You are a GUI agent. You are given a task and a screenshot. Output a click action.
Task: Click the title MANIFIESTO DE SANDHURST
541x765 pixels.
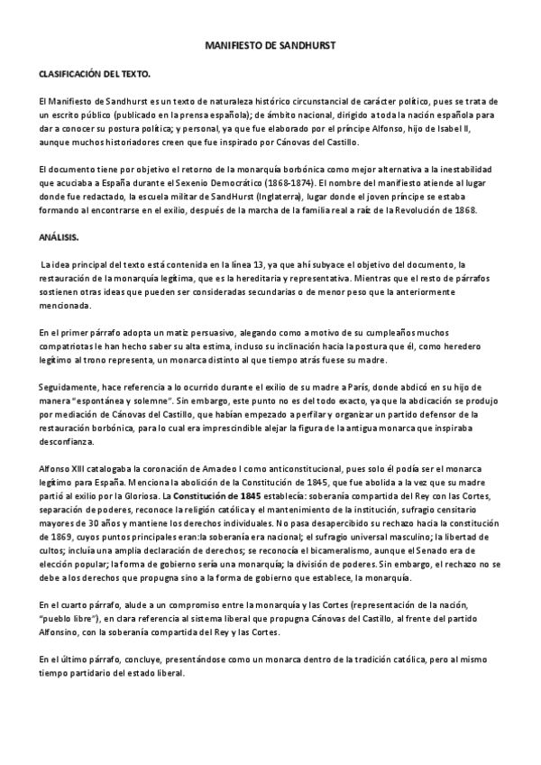point(270,42)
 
